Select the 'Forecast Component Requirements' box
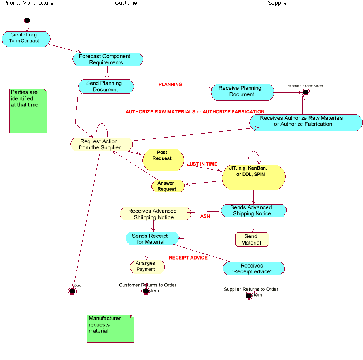tap(108, 59)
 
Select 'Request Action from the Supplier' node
tap(101, 144)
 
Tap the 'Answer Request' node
tap(168, 186)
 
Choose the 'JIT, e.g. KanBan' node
tap(253, 177)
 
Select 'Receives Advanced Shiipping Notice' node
tap(155, 214)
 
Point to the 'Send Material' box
tap(252, 239)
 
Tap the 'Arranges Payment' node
tap(147, 267)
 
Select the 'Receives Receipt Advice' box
tap(253, 268)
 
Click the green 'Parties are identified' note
tap(28, 111)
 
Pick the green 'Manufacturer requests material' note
tap(110, 328)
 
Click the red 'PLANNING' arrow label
tap(170, 85)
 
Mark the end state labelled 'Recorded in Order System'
tap(305, 92)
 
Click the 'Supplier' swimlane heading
tap(278, 3)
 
